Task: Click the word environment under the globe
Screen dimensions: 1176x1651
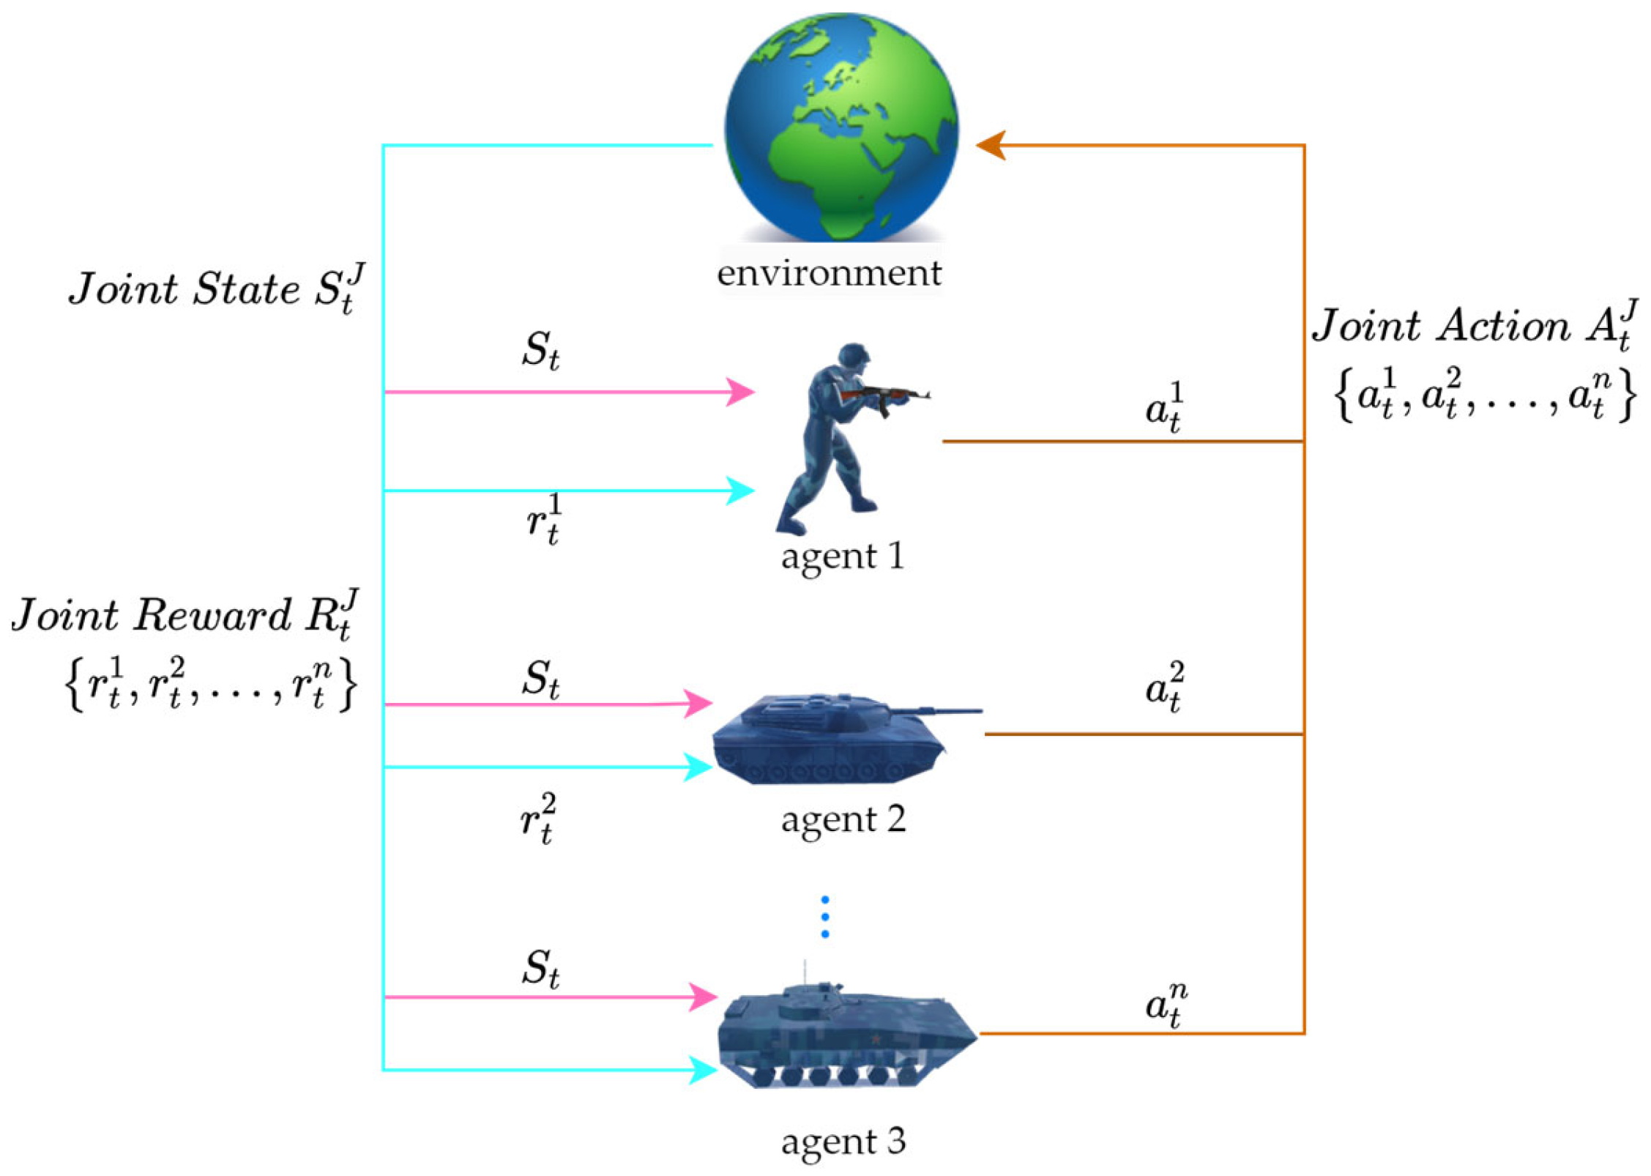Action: tap(828, 273)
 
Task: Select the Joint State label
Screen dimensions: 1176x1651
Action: tap(215, 289)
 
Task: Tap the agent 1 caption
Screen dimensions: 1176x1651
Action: tap(842, 556)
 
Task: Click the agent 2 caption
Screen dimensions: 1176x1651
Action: tap(843, 819)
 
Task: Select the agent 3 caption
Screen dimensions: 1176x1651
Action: tap(843, 1141)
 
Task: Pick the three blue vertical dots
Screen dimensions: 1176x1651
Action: tap(824, 916)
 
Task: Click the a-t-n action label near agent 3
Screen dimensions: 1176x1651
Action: tap(1165, 1005)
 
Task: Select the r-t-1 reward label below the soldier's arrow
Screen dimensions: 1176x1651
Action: tap(544, 518)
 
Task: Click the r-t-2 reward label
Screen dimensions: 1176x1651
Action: tap(538, 818)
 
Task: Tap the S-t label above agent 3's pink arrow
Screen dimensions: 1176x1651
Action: tap(540, 967)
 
